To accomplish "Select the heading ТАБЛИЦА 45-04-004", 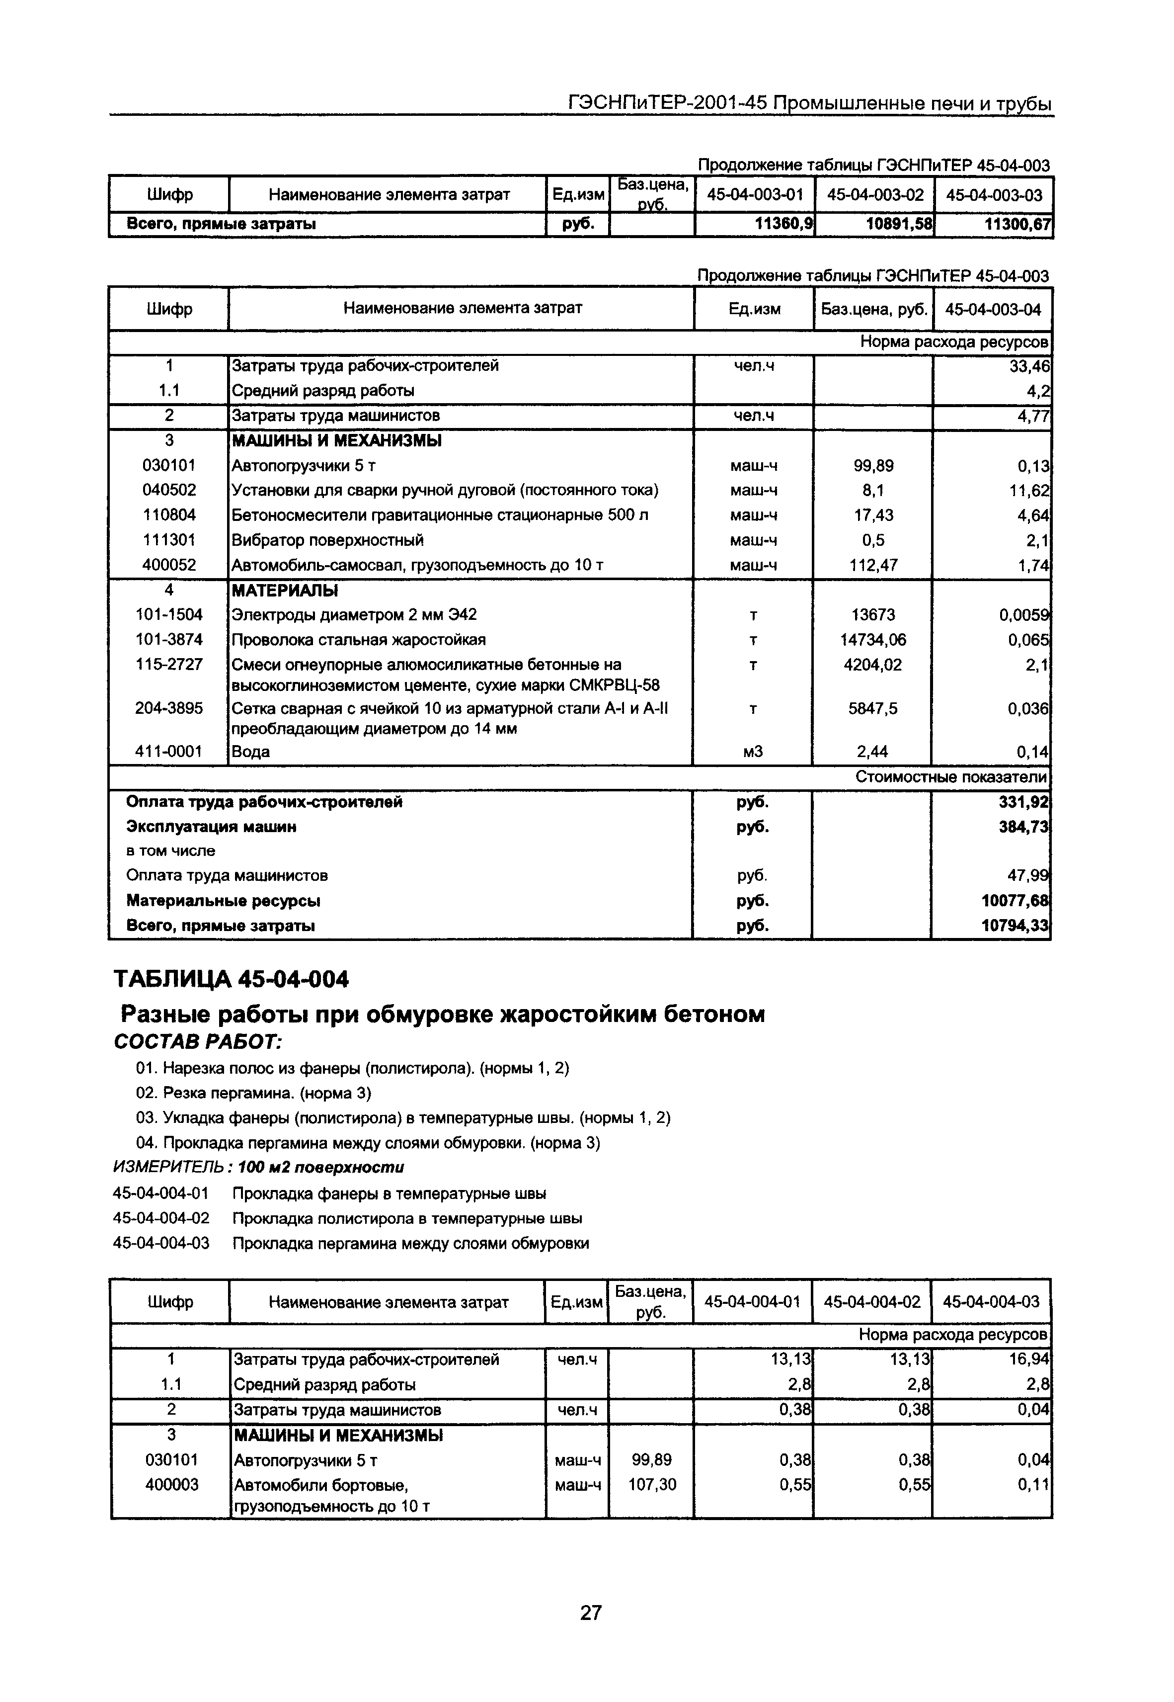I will coord(231,979).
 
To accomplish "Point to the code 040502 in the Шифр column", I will coord(169,490).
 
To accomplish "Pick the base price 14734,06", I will coord(873,639).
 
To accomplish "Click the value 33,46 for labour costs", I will coord(1029,366).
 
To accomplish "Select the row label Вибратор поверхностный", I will coord(327,540).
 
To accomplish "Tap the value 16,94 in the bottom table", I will coord(1029,1359).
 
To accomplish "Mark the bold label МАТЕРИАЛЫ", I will coord(285,590).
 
